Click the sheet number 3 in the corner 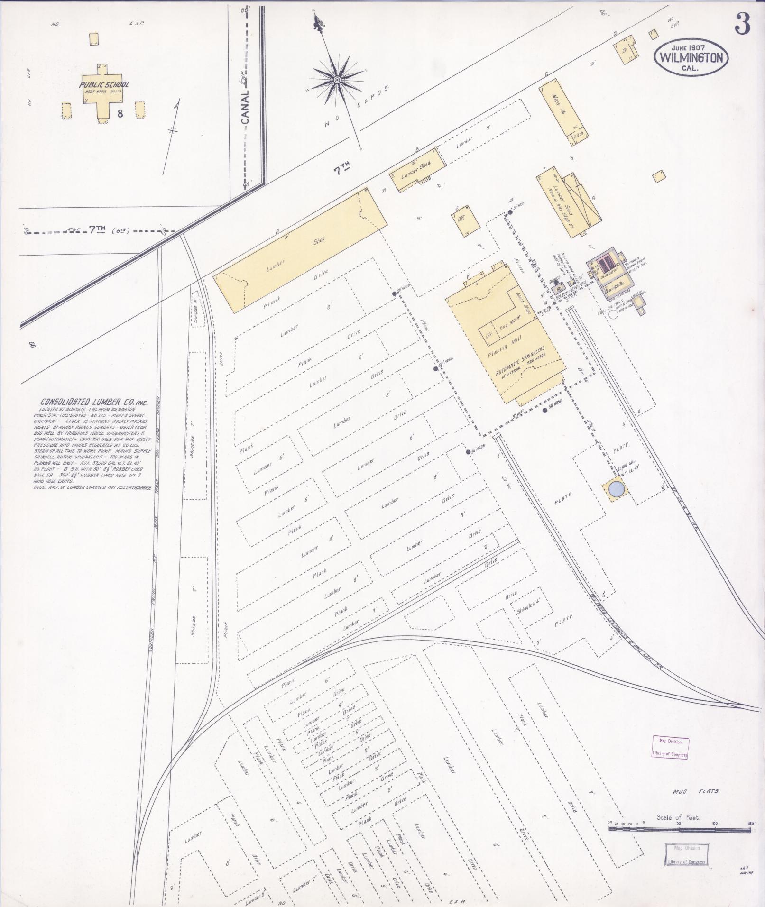(x=742, y=24)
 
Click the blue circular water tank (x=616, y=489)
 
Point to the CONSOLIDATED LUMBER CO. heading (x=94, y=402)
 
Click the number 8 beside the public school (x=121, y=114)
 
